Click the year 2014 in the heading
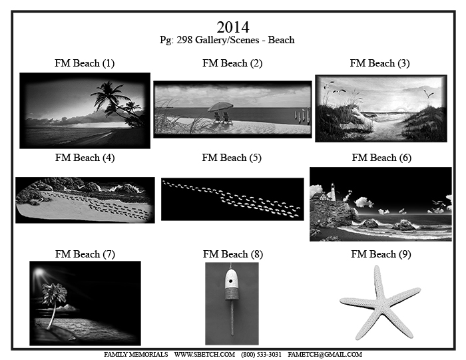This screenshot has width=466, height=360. click(233, 27)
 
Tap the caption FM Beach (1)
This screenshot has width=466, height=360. click(85, 63)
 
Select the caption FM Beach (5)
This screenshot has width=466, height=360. click(232, 158)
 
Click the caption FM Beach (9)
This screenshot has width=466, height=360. click(381, 254)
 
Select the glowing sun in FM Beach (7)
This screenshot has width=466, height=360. click(39, 272)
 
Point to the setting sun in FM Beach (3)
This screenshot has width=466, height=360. click(401, 110)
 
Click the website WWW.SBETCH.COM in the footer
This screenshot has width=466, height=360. click(204, 355)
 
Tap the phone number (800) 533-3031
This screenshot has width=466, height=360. click(261, 355)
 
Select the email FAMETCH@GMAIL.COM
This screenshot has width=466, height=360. click(325, 355)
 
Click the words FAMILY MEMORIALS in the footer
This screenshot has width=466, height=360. click(136, 355)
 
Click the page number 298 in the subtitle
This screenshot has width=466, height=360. click(184, 40)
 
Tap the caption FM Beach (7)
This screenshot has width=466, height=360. click(85, 254)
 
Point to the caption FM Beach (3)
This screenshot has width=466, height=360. click(380, 63)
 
